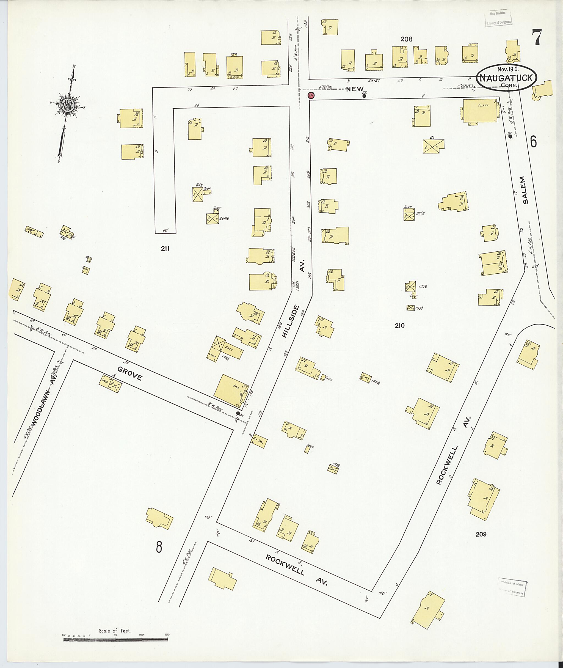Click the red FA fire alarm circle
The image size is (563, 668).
311,95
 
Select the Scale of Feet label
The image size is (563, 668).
115,631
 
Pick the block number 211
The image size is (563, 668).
165,249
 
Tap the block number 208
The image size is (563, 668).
406,39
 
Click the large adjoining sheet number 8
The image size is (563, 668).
159,547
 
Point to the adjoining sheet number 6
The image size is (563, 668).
533,141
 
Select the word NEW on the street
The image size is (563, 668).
355,89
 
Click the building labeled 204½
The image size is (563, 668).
212,218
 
